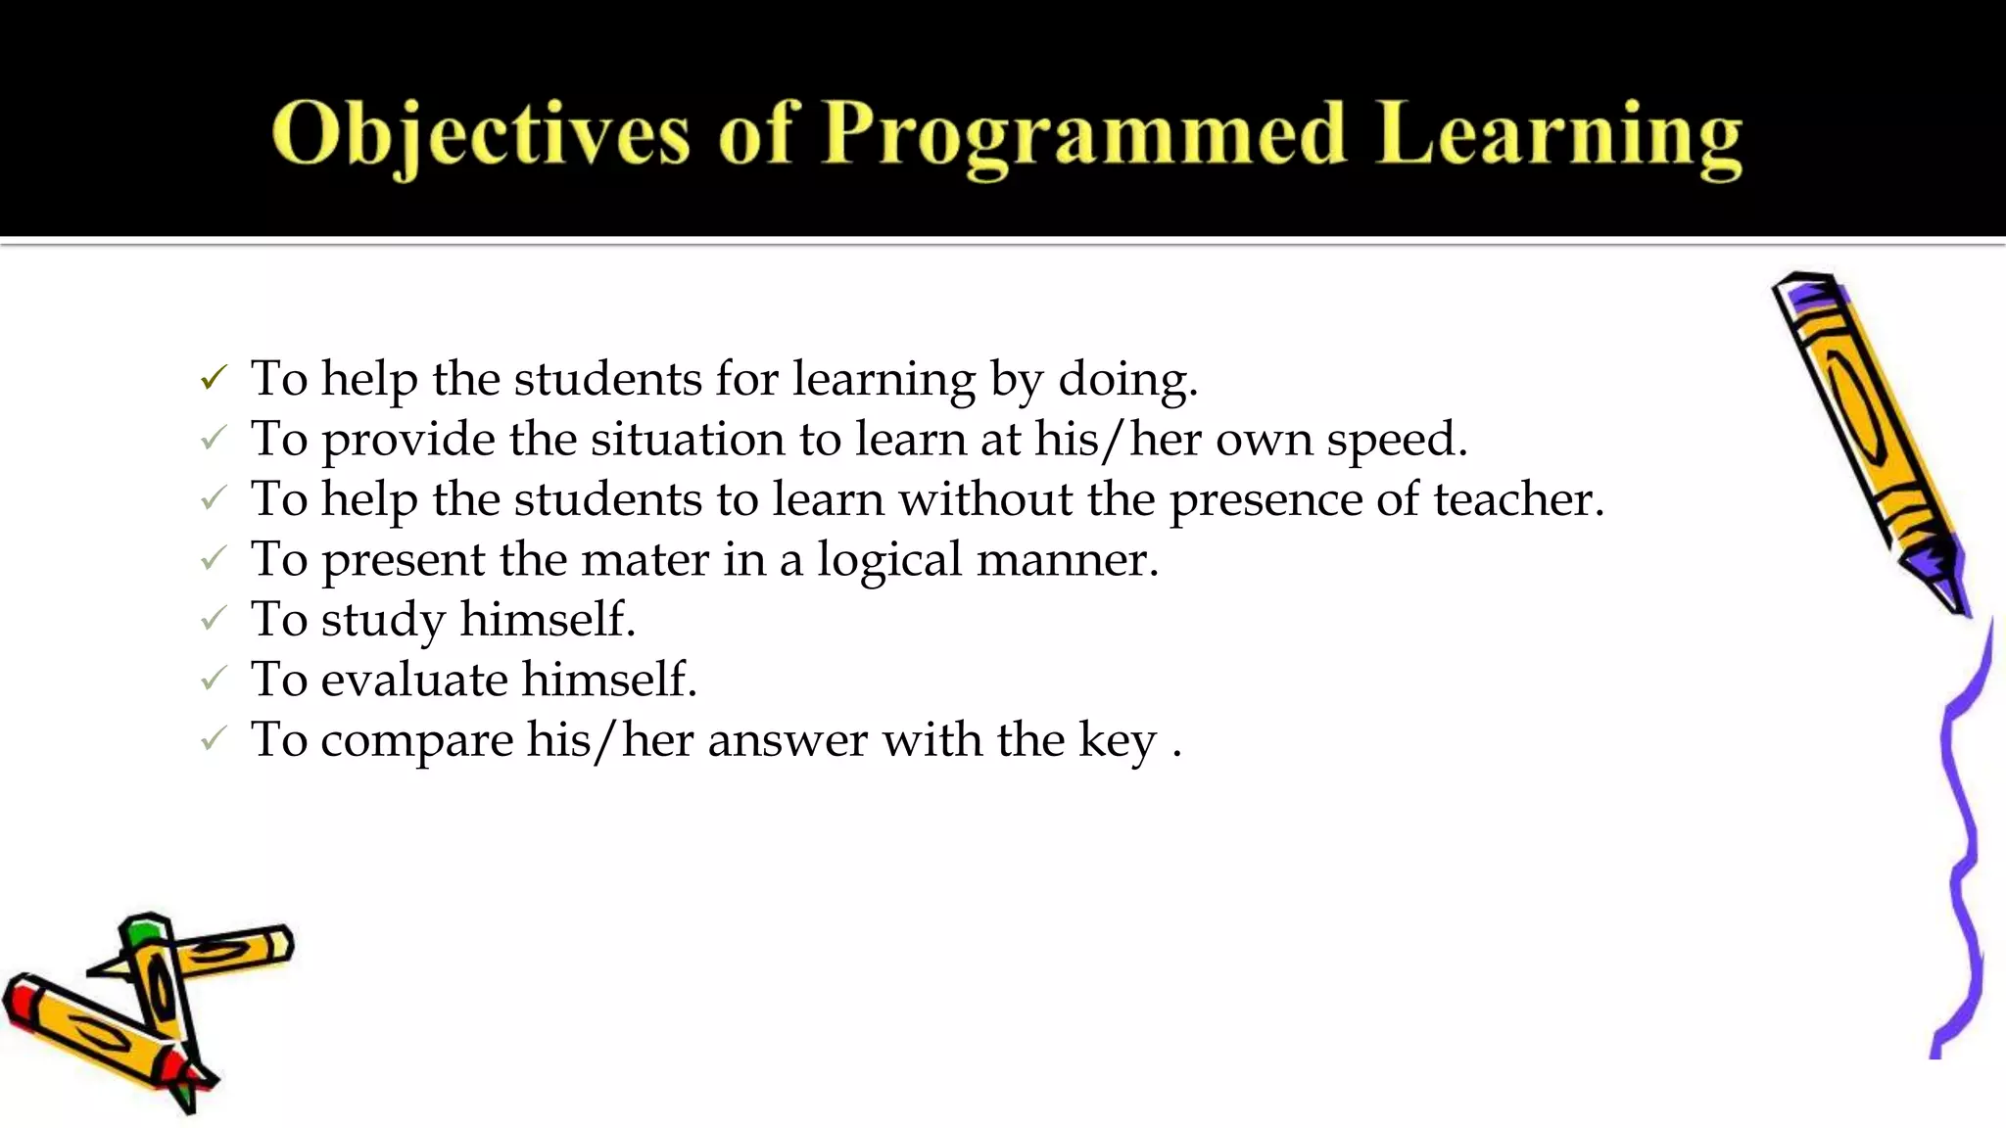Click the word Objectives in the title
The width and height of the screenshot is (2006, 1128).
pyautogui.click(x=480, y=135)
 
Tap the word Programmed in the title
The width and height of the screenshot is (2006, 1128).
pyautogui.click(x=1083, y=135)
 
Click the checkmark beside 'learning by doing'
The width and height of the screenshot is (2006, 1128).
pyautogui.click(x=214, y=377)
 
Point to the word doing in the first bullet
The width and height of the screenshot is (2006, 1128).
pyautogui.click(x=1127, y=380)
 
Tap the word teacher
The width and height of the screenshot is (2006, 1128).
pyautogui.click(x=1518, y=499)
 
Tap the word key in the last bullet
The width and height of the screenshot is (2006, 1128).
pyautogui.click(x=1118, y=741)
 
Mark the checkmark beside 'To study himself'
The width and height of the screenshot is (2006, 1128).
pyautogui.click(x=214, y=619)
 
